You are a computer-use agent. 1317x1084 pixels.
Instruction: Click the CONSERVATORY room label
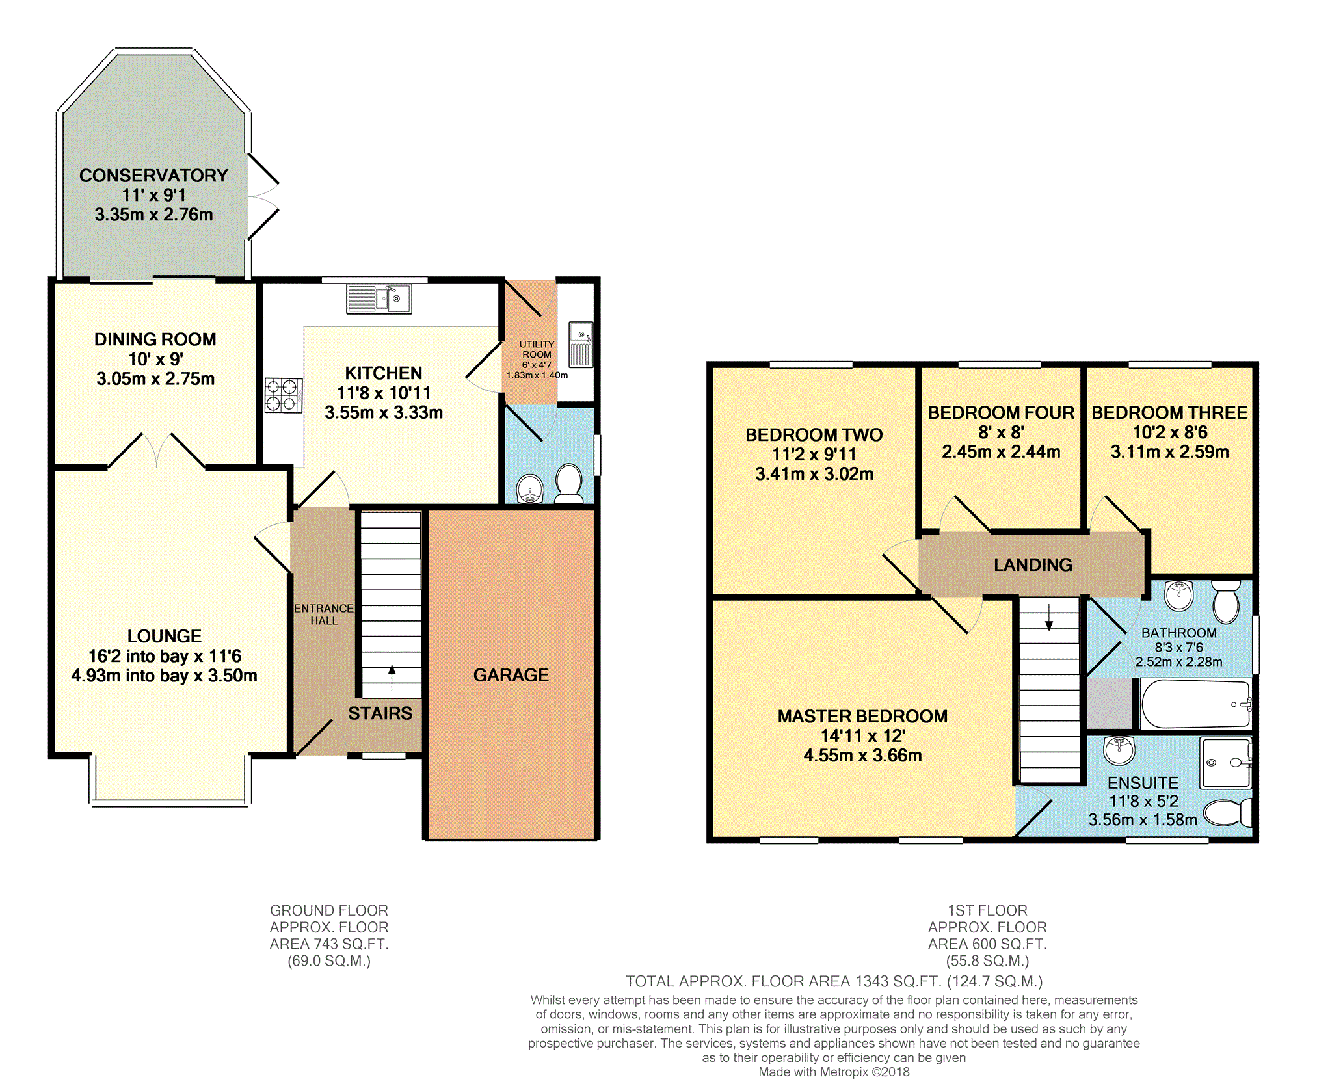pos(153,176)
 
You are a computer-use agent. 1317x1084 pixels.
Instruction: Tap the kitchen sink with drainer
pos(379,299)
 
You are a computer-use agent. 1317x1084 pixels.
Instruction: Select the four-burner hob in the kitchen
pos(284,395)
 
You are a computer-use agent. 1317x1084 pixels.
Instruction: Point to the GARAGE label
pos(511,675)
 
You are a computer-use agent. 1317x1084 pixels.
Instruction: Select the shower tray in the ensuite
pos(1227,763)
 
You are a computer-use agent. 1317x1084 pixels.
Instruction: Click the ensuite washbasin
pos(1119,750)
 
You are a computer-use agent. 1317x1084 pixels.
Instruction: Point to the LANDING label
pos(1033,565)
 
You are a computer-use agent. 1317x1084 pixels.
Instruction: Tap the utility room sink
pos(581,344)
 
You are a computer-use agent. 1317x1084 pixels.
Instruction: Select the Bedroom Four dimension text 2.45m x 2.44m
pos(1001,451)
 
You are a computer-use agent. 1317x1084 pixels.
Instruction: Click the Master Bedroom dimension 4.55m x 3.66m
pos(862,755)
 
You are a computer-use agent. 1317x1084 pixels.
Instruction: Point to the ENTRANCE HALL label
pos(324,615)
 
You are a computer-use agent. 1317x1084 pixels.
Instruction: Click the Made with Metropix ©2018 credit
pos(834,1072)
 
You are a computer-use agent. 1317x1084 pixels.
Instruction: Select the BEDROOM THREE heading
pos(1169,413)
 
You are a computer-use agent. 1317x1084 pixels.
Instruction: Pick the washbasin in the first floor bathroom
pos(1179,596)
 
